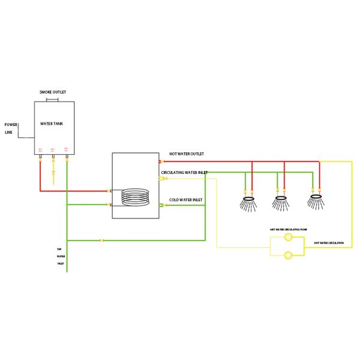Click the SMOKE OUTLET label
pyautogui.click(x=53, y=92)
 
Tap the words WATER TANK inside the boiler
pyautogui.click(x=52, y=124)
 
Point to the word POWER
pyautogui.click(x=11, y=125)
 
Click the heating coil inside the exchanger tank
pyautogui.click(x=135, y=197)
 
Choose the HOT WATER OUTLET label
pyautogui.click(x=186, y=154)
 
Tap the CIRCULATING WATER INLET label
pyautogui.click(x=184, y=172)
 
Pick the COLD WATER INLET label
pyautogui.click(x=186, y=200)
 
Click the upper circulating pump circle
pyautogui.click(x=288, y=238)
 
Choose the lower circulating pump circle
pyautogui.click(x=288, y=255)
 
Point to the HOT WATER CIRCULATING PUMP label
pyautogui.click(x=288, y=229)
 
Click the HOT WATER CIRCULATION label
pyautogui.click(x=329, y=243)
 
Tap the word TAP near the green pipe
pyautogui.click(x=59, y=249)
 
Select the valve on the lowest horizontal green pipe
pyautogui.click(x=101, y=241)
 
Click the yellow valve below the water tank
pyautogui.click(x=53, y=173)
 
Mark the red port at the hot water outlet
pyautogui.click(x=161, y=161)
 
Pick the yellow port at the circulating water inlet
pyautogui.click(x=161, y=178)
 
